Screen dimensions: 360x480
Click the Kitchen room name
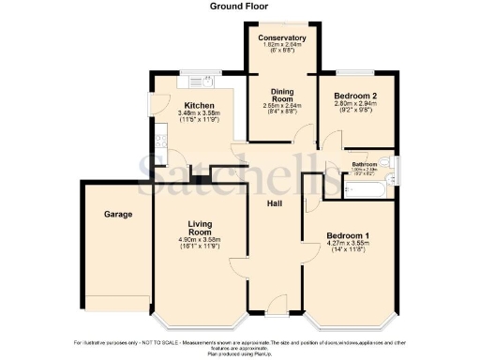click(x=200, y=105)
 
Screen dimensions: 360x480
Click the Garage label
click(x=118, y=214)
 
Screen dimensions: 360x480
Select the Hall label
click(x=275, y=203)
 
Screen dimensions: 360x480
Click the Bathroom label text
click(x=365, y=164)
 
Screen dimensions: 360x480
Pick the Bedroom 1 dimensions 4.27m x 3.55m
click(x=349, y=246)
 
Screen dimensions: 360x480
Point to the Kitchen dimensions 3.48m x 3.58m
click(x=200, y=114)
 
